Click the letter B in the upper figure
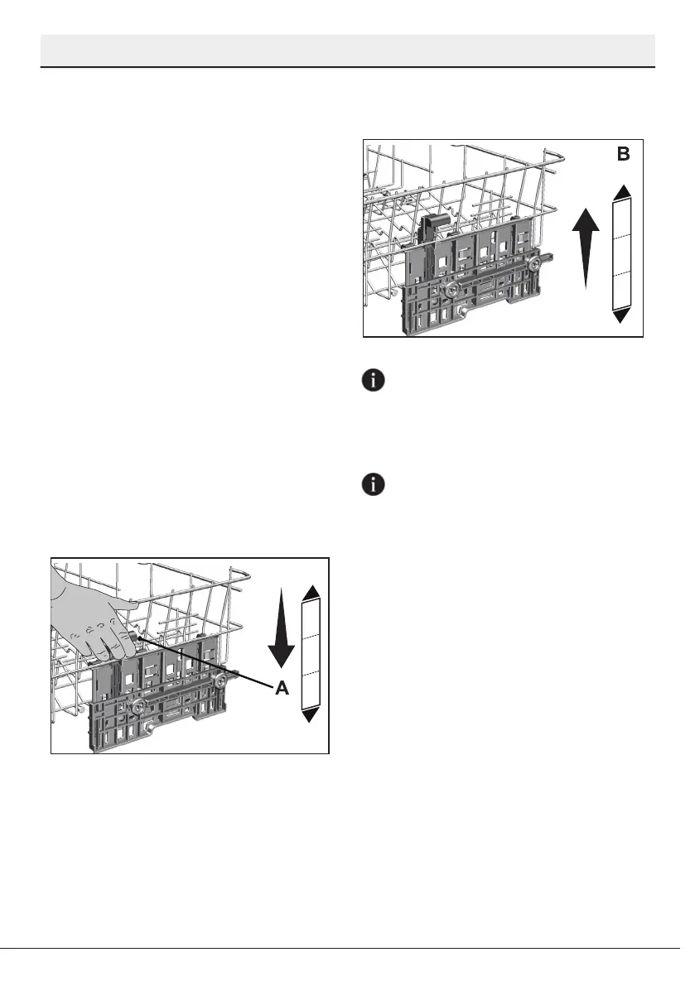click(623, 154)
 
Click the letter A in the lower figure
click(282, 688)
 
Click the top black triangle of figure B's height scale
click(623, 192)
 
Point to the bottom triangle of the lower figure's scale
click(311, 715)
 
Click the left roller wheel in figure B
click(452, 291)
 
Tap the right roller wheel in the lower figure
click(222, 681)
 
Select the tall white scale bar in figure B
click(623, 253)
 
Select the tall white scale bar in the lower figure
click(311, 653)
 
